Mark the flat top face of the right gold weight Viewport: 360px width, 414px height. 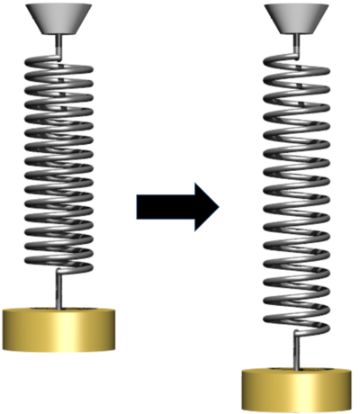point(297,372)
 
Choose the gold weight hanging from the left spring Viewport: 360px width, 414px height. point(61,331)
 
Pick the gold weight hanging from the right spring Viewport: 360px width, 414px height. point(297,389)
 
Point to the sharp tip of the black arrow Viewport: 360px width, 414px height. point(218,208)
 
